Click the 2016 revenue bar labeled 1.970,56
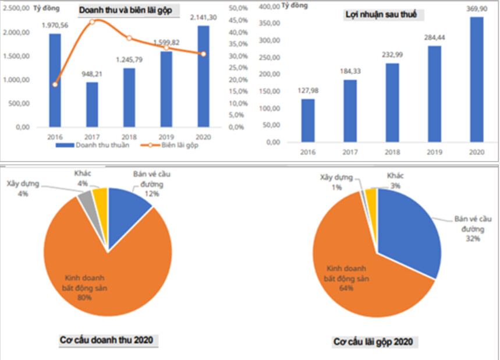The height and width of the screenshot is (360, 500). point(55,80)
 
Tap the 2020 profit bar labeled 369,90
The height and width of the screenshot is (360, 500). point(477,79)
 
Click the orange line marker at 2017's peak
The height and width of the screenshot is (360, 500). point(92,22)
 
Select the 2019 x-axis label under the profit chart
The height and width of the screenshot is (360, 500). point(435,151)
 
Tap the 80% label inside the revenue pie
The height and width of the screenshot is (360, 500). point(84,298)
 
